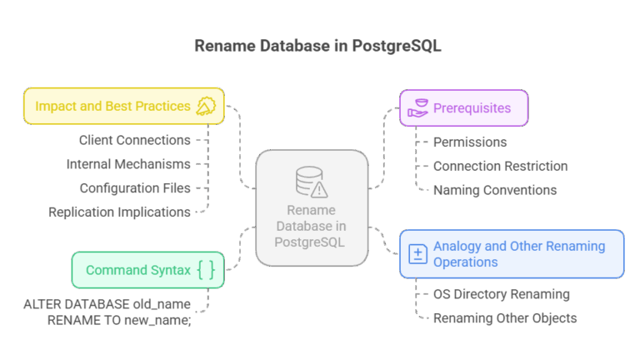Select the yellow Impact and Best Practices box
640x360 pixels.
[x=123, y=106]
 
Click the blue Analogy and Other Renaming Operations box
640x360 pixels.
[x=511, y=254]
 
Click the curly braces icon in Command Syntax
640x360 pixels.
[x=207, y=270]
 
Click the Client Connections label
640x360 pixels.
[x=134, y=140]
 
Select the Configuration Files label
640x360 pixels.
[x=134, y=188]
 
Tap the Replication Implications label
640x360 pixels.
[x=118, y=212]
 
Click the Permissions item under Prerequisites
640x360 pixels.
[x=470, y=142]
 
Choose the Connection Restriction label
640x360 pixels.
[x=500, y=166]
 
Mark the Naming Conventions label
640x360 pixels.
[x=495, y=190]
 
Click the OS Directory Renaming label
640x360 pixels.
[x=501, y=294]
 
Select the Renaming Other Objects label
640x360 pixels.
[x=505, y=318]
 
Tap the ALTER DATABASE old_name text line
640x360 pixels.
[x=107, y=305]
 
